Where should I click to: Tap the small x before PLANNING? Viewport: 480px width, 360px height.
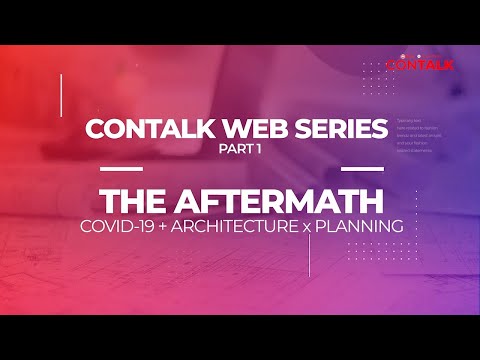tap(306, 226)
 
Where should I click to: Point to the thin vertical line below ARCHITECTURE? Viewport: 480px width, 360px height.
tap(309, 255)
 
